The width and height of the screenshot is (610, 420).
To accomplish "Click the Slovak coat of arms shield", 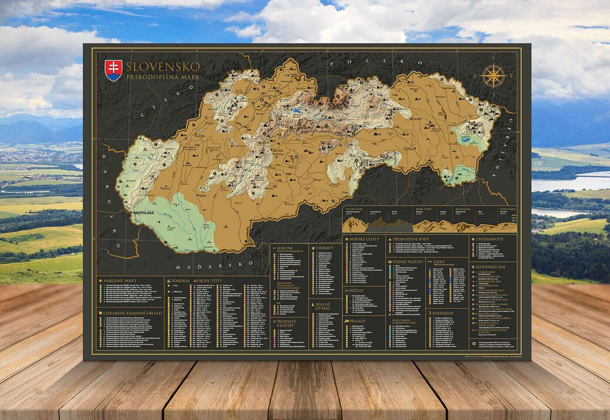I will click(x=113, y=71).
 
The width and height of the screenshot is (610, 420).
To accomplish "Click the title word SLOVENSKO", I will click(x=163, y=67).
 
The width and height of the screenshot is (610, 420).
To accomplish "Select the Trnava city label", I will click(x=165, y=188).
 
